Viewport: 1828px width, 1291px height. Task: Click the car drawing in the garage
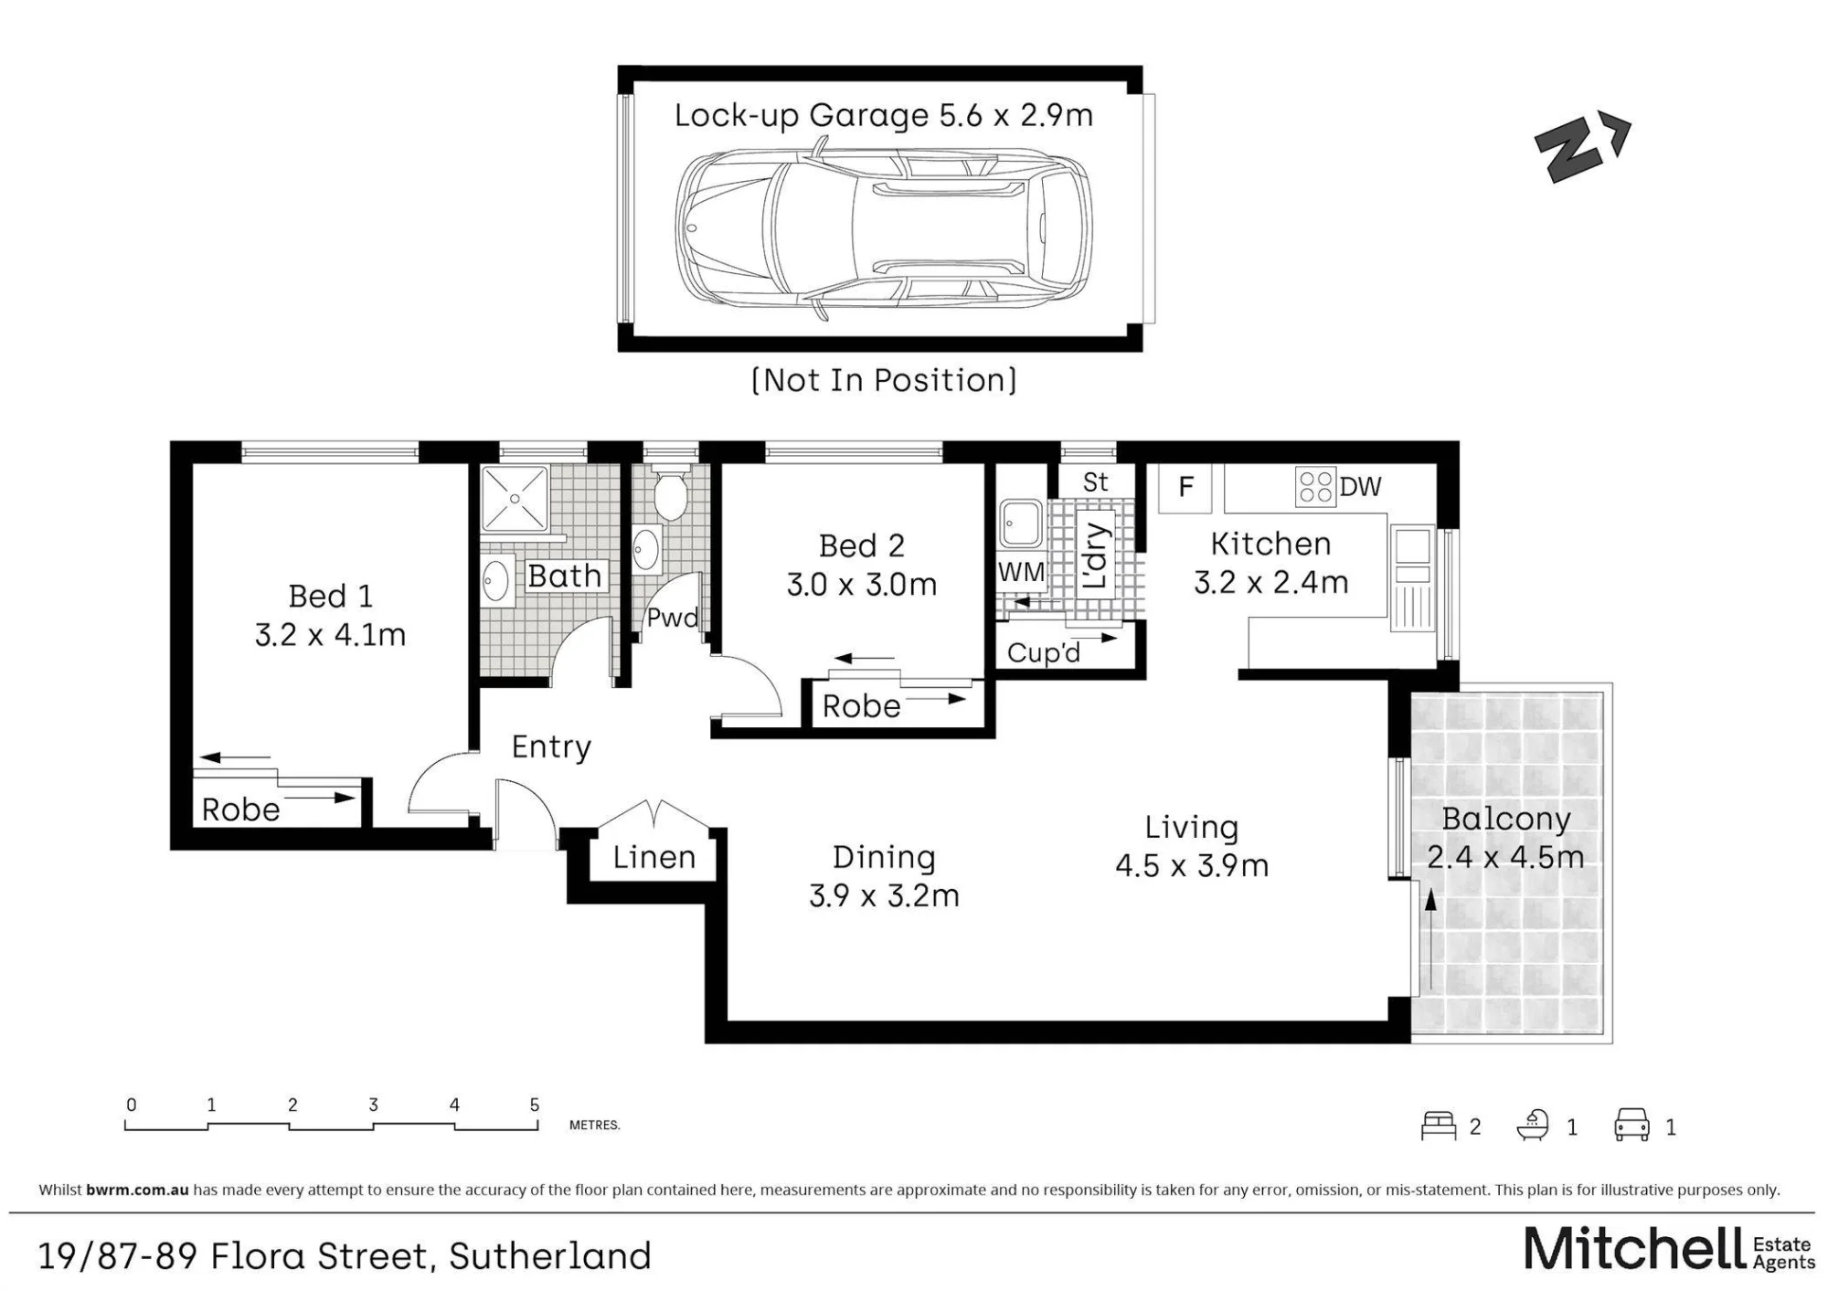pyautogui.click(x=883, y=228)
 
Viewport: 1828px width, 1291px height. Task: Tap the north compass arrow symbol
pyautogui.click(x=1582, y=148)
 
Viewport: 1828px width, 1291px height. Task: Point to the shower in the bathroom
pyautogui.click(x=515, y=499)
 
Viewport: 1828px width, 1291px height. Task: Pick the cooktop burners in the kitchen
pyautogui.click(x=1315, y=487)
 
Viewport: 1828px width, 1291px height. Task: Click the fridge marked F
pyautogui.click(x=1185, y=487)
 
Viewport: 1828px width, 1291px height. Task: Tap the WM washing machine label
pyautogui.click(x=1021, y=572)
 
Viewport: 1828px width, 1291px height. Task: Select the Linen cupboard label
pyautogui.click(x=654, y=857)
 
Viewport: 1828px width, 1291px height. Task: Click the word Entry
pyautogui.click(x=551, y=747)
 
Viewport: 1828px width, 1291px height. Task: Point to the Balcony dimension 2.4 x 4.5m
pyautogui.click(x=1505, y=857)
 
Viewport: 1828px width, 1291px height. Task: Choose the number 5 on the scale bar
pyautogui.click(x=535, y=1105)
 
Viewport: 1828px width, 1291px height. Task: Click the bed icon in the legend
pyautogui.click(x=1438, y=1126)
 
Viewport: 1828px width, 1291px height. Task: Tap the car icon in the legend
pyautogui.click(x=1631, y=1126)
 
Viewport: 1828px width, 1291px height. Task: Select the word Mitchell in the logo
pyautogui.click(x=1634, y=1249)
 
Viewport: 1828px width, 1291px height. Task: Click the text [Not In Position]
pyautogui.click(x=883, y=380)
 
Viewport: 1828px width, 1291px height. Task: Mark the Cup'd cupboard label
pyautogui.click(x=1043, y=652)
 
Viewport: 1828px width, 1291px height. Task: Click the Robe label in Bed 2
pyautogui.click(x=861, y=706)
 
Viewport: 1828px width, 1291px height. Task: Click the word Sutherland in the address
pyautogui.click(x=550, y=1256)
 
